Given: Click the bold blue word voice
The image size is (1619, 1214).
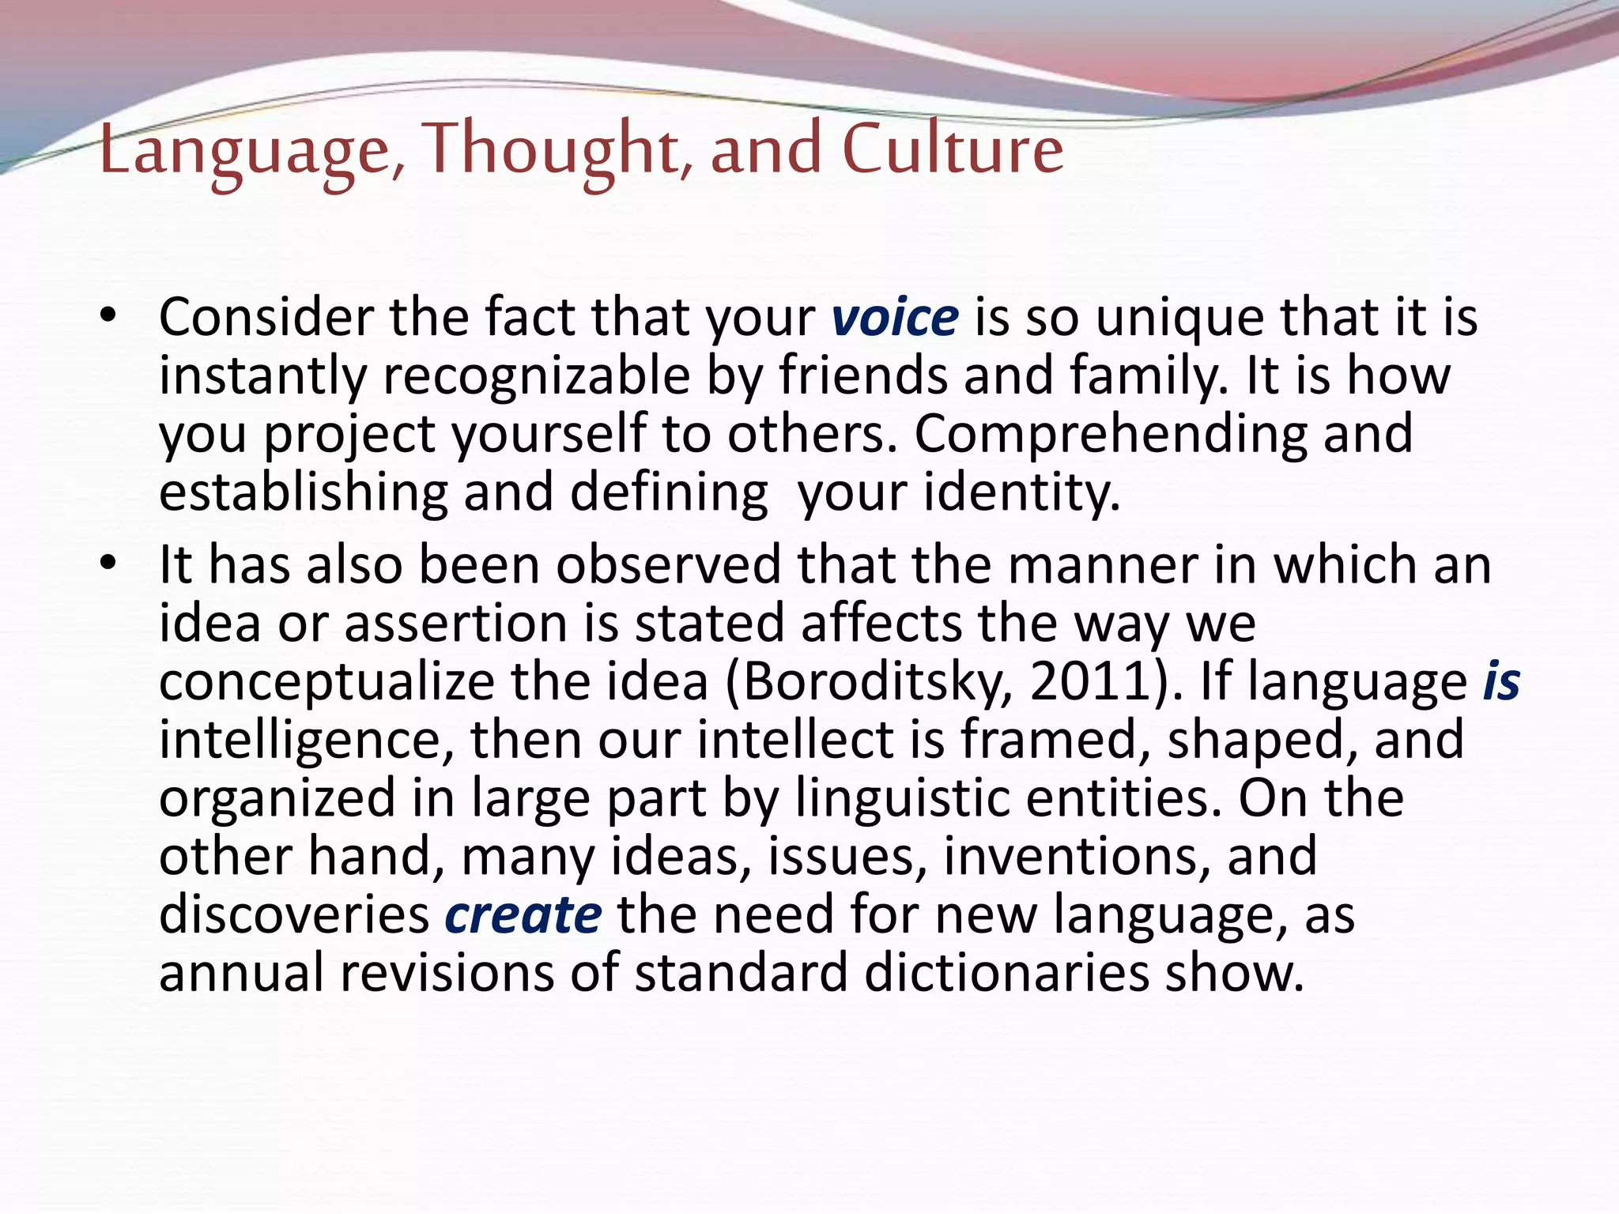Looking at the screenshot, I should [895, 318].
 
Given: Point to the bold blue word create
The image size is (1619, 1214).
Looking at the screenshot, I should [523, 915].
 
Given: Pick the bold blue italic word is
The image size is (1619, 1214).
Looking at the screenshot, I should [1501, 681].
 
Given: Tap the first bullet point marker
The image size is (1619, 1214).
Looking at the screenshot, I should [108, 316].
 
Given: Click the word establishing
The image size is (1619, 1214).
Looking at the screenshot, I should [303, 493].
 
